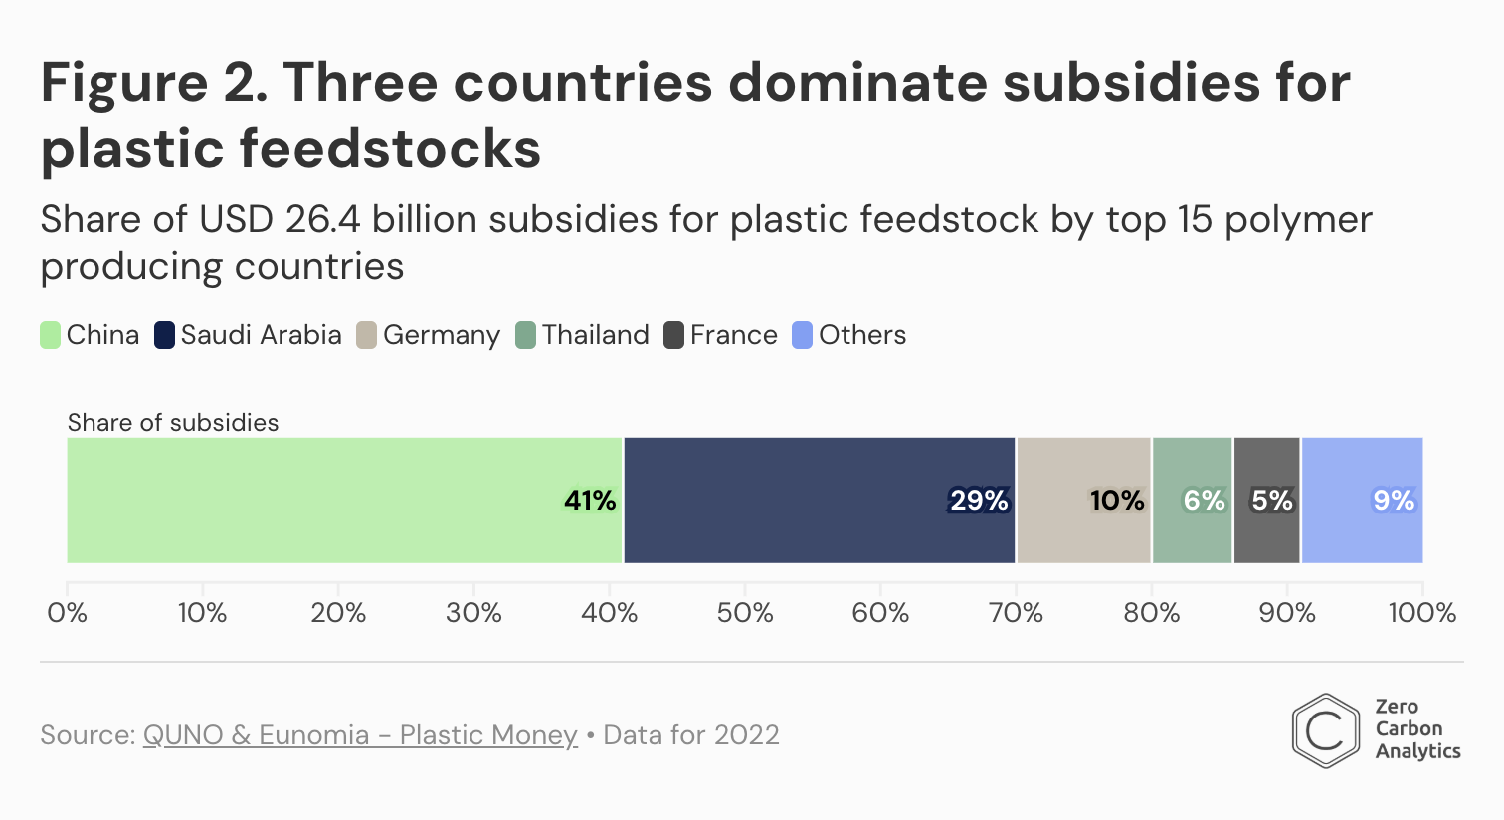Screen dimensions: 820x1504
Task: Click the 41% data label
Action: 590,500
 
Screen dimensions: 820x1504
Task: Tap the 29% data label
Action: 979,500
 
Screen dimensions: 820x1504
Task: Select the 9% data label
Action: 1394,500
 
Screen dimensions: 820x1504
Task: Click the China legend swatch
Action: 51,335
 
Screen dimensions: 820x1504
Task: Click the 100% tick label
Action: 1421,613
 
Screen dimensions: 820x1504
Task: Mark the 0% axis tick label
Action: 68,613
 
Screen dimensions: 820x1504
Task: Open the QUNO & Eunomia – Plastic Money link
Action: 360,735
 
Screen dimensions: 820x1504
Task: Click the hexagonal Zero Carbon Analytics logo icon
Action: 1325,730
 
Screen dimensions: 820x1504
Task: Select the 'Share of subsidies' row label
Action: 173,423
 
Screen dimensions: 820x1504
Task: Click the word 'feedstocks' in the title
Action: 390,149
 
